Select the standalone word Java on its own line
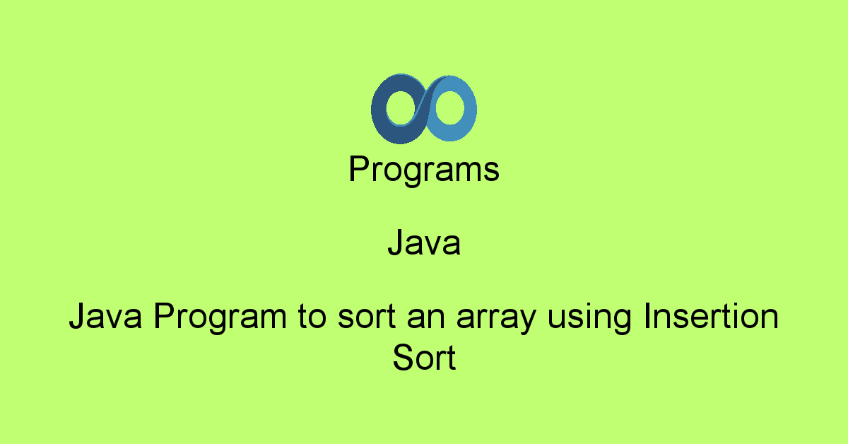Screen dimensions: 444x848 point(424,244)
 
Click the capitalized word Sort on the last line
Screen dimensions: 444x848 point(424,358)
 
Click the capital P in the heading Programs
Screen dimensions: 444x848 point(358,170)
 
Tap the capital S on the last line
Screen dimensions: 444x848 point(403,358)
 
